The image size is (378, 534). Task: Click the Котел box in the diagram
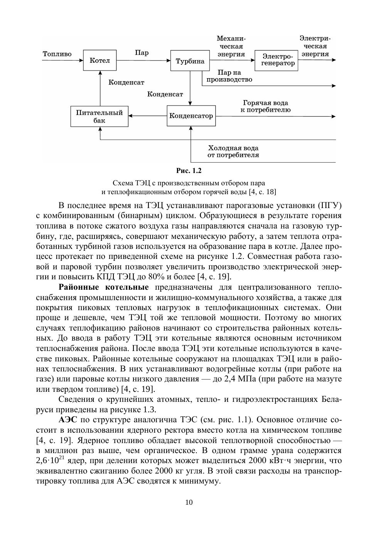[100, 60]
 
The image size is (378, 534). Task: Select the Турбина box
[190, 61]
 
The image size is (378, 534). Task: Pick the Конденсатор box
[191, 116]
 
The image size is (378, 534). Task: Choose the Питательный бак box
[99, 116]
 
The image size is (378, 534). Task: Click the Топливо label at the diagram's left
[57, 54]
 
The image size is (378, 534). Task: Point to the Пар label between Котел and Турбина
[142, 53]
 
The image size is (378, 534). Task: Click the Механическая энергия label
[231, 46]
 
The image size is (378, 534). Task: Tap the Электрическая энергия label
[315, 46]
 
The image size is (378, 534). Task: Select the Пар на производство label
[229, 76]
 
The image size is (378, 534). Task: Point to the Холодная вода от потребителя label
[233, 151]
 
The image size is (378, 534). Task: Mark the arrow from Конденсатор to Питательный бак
[148, 116]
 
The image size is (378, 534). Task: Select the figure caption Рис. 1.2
[189, 171]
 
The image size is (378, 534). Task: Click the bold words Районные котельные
[104, 287]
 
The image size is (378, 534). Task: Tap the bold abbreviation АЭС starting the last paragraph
[69, 420]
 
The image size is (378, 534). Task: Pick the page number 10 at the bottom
[189, 502]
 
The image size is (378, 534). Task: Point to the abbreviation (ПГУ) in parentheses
[329, 205]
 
